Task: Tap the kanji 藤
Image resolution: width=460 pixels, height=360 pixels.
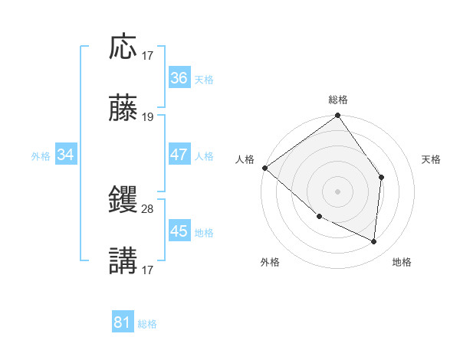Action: (x=123, y=110)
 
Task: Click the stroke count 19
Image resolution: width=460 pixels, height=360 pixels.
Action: (x=148, y=117)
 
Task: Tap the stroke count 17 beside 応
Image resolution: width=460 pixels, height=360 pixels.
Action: (x=148, y=55)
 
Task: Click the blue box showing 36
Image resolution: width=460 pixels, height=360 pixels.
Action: (x=179, y=78)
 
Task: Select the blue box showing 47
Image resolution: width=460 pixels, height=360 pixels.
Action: (x=179, y=155)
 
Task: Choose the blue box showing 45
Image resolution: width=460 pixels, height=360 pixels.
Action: (x=179, y=231)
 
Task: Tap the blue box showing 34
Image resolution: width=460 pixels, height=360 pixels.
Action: (x=66, y=155)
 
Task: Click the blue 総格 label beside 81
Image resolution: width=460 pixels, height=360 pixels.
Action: (x=148, y=324)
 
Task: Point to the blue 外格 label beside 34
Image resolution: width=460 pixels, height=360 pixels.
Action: (x=41, y=155)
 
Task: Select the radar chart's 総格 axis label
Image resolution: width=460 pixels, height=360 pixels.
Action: (x=338, y=100)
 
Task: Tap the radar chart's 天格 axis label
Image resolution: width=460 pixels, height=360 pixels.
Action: (x=432, y=159)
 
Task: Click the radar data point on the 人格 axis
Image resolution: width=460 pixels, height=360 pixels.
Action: (x=264, y=168)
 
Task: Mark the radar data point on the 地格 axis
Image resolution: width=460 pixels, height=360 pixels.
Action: (x=373, y=241)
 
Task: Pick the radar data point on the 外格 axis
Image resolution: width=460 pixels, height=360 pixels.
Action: (x=319, y=216)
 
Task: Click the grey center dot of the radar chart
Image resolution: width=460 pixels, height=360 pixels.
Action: (x=338, y=191)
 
